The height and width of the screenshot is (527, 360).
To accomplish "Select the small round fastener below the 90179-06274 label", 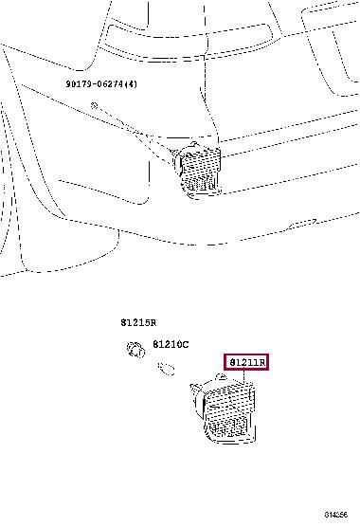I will coord(96,103).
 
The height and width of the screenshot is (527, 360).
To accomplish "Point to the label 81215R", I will coord(140,324).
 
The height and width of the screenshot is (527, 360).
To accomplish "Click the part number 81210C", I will coord(171,344).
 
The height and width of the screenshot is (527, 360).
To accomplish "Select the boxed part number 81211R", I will coord(246,362).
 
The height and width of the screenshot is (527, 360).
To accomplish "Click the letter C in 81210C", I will coord(186,344).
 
